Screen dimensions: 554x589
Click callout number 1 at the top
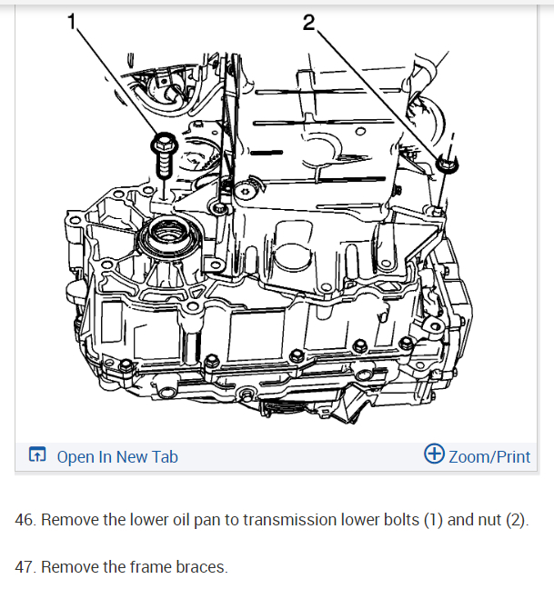coord(72,21)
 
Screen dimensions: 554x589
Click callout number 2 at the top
coord(308,23)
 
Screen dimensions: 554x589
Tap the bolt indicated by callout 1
coord(164,154)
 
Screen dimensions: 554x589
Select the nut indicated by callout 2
coord(447,165)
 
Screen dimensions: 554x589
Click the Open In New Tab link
coord(117,457)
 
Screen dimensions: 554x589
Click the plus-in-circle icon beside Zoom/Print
coord(434,454)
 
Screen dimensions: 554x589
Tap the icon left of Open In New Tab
coord(37,454)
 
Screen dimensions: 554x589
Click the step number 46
coord(25,520)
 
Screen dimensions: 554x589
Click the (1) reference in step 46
coord(433,520)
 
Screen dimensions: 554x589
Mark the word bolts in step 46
coord(401,520)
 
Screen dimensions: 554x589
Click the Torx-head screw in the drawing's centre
coord(245,192)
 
